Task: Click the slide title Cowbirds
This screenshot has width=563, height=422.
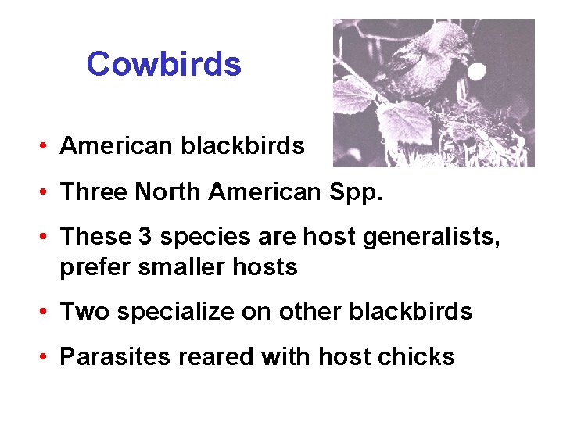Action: (x=164, y=63)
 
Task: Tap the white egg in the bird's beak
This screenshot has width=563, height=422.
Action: (x=476, y=73)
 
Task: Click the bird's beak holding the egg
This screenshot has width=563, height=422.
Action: (x=466, y=61)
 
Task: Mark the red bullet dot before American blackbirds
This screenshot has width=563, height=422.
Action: (x=48, y=146)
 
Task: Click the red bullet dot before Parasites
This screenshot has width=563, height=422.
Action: (x=48, y=357)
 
